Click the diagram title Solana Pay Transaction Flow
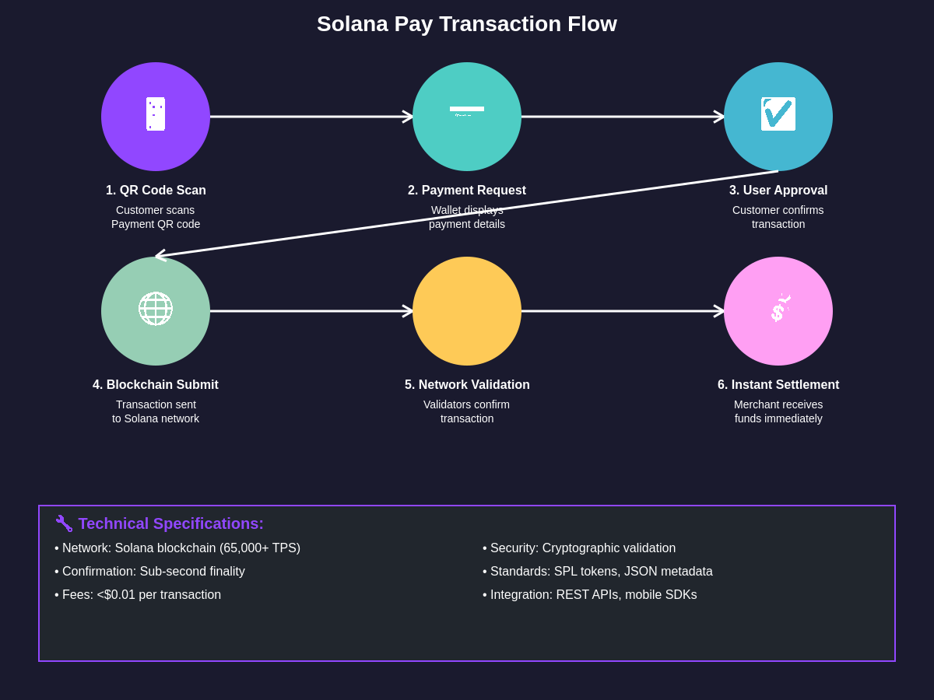pyautogui.click(x=467, y=24)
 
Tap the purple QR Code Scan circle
pyautogui.click(x=156, y=117)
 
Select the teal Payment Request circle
pyautogui.click(x=467, y=117)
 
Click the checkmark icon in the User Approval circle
pyautogui.click(x=778, y=114)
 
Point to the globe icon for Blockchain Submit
pyautogui.click(x=156, y=309)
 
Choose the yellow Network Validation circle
pyautogui.click(x=467, y=311)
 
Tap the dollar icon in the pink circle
pyautogui.click(x=778, y=310)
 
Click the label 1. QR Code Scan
pyautogui.click(x=156, y=191)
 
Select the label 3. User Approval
pyautogui.click(x=778, y=191)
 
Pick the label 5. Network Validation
pyautogui.click(x=467, y=385)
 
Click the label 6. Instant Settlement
pyautogui.click(x=778, y=385)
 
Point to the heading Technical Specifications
pyautogui.click(x=171, y=523)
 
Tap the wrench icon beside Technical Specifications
pyautogui.click(x=64, y=523)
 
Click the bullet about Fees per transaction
pyautogui.click(x=138, y=595)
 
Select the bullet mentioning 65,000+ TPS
pyautogui.click(x=177, y=548)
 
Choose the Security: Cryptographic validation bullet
pyautogui.click(x=579, y=548)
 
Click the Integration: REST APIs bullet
pyautogui.click(x=590, y=595)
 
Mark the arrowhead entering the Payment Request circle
pyautogui.click(x=409, y=117)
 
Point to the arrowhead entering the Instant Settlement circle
pyautogui.click(x=720, y=311)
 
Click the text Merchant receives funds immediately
pyautogui.click(x=778, y=411)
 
